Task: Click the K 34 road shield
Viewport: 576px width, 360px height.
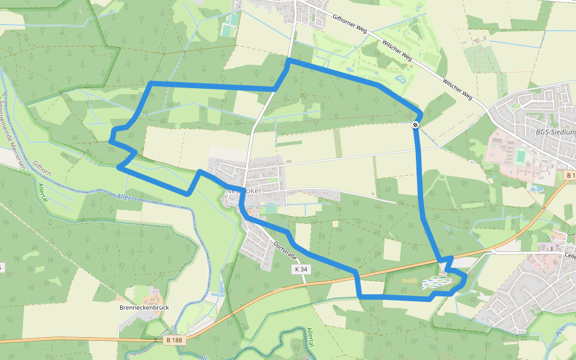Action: [x=301, y=270]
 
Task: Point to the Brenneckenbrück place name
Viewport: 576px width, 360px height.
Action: [x=145, y=307]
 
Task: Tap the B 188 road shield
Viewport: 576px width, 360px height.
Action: [x=172, y=340]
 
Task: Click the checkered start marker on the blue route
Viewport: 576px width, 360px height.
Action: [x=415, y=125]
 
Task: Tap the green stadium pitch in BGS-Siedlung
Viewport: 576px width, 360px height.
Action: [x=520, y=156]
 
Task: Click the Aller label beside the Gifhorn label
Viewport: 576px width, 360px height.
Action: [x=124, y=197]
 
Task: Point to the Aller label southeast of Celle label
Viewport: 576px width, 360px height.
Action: [x=561, y=331]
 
